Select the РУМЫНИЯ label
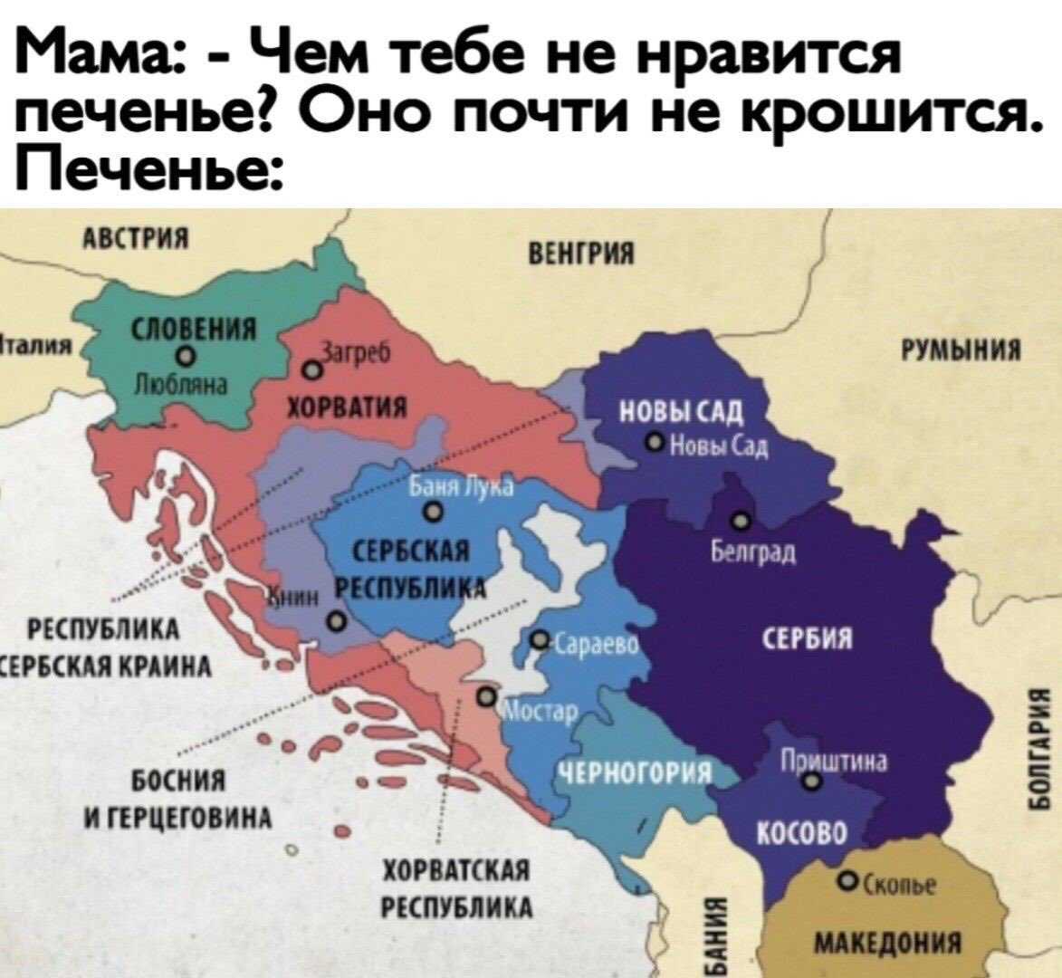[959, 350]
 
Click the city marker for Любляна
[185, 355]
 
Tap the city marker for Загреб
[311, 370]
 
